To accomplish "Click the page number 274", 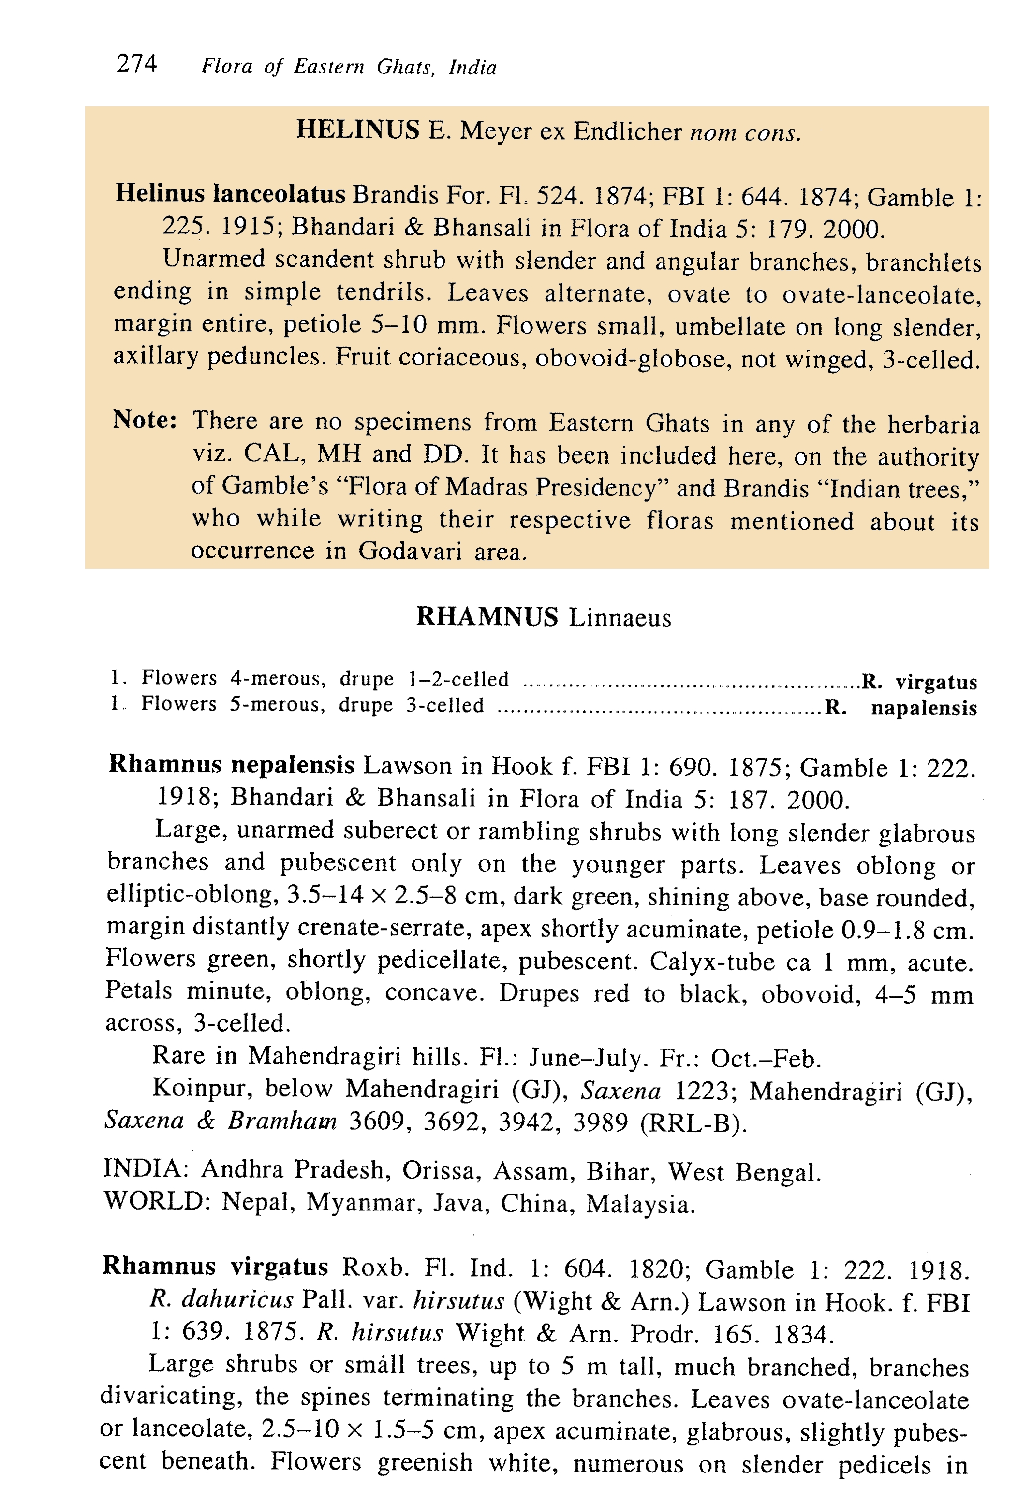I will coord(136,63).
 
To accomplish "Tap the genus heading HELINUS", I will coord(357,130).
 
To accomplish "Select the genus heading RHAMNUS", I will coord(487,616).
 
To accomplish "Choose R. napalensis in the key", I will coord(901,708).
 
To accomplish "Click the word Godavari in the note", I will coord(410,551).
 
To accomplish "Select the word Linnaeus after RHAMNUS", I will coord(620,618).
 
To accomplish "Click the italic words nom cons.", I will coord(745,132).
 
